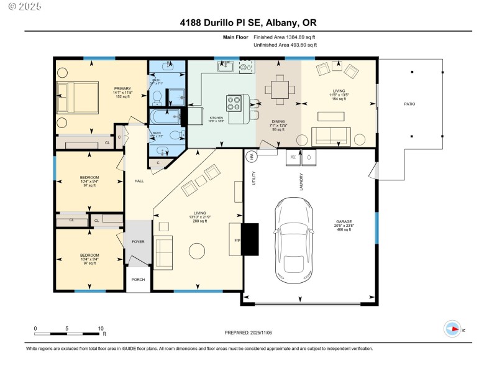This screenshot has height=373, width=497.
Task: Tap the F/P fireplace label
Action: (237, 239)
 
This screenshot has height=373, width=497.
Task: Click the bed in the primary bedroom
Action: (77, 98)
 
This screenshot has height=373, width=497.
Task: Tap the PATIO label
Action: (409, 104)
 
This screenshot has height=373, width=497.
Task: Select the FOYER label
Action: (138, 242)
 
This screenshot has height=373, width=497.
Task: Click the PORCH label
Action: (138, 279)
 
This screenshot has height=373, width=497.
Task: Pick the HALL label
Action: (139, 181)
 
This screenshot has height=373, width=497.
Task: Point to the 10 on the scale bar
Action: (101, 328)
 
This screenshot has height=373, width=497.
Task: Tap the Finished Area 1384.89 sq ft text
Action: (285, 37)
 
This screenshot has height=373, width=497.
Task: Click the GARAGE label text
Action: (344, 224)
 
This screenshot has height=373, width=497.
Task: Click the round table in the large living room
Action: (197, 251)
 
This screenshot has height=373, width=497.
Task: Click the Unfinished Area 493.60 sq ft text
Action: (285, 45)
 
